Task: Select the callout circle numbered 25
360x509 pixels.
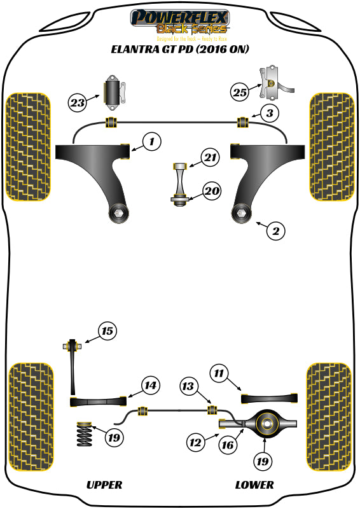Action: coord(239,92)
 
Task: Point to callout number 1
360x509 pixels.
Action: coord(152,143)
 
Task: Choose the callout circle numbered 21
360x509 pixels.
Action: coord(210,157)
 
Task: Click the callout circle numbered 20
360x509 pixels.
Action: coord(211,190)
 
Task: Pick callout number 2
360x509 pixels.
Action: coord(275,232)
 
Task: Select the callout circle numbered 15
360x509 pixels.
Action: coord(107,331)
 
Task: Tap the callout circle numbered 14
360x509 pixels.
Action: coord(150,385)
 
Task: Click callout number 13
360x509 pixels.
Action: coord(188,386)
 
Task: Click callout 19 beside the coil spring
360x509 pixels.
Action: coord(114,438)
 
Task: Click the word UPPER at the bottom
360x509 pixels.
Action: coord(104,485)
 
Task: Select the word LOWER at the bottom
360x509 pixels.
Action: coord(254,485)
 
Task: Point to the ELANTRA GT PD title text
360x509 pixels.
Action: coord(180,49)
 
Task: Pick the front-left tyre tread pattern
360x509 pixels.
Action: coord(28,146)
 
